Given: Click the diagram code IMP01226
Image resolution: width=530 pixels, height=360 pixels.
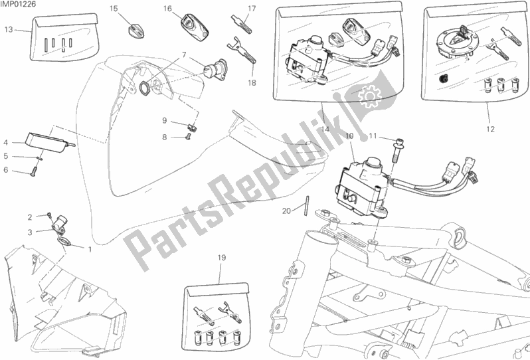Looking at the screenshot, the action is coord(18,4).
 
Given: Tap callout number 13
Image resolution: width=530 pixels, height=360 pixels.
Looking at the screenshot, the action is coord(9,30).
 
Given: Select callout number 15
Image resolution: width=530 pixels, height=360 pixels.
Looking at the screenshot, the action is coord(114,9).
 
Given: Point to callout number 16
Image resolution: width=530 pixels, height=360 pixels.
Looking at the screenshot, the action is coord(167,9).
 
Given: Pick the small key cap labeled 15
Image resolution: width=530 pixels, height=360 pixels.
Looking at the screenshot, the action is coord(135,29).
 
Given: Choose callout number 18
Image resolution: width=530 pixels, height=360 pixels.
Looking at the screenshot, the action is coord(252,83).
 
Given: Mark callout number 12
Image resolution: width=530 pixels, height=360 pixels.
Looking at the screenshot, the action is coord(490,129).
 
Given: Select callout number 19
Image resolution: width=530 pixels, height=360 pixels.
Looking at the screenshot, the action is coord(221,258).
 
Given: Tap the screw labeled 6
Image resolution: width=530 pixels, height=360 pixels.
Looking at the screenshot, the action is coord(33,172).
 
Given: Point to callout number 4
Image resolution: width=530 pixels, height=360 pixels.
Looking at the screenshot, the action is coord(6,143).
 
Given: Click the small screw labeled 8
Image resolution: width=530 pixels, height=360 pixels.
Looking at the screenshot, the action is coord(188,136).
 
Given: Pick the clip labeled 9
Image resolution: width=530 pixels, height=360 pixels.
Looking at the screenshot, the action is coord(193,128).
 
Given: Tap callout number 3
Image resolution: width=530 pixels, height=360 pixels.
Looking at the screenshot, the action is coord(30,232).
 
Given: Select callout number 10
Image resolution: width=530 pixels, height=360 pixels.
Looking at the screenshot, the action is coord(349,136).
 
